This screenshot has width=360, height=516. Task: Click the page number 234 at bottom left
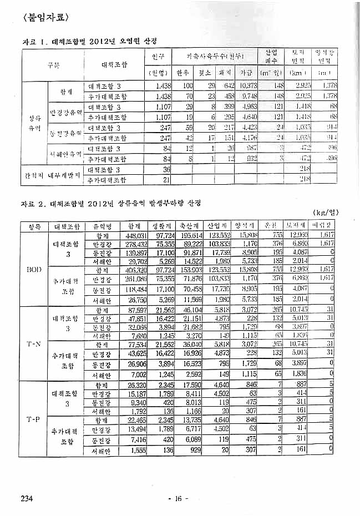click(28, 498)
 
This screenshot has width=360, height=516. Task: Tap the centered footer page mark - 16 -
click(178, 498)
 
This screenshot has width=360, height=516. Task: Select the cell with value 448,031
click(135, 236)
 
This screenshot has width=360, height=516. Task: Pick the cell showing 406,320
click(135, 270)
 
